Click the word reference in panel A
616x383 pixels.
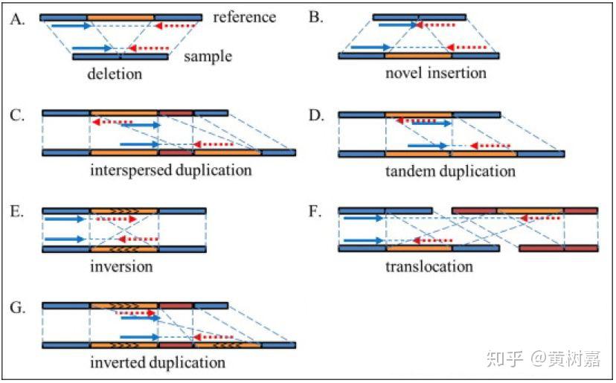(x=244, y=17)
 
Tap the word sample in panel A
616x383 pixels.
(x=208, y=57)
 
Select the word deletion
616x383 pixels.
(x=115, y=74)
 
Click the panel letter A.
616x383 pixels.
(x=18, y=19)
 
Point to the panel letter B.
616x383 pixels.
(x=316, y=17)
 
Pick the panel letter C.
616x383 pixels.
(x=17, y=115)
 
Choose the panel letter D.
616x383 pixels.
(x=316, y=115)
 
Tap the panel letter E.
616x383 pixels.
(x=17, y=212)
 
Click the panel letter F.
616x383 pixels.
(x=315, y=212)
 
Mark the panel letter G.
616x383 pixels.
(x=18, y=308)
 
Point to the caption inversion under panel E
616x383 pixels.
(x=121, y=267)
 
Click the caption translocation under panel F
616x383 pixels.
(x=429, y=267)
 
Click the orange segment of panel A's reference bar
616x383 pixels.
(x=121, y=18)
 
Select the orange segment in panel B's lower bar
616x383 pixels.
(x=418, y=57)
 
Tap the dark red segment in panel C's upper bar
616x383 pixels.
(x=176, y=114)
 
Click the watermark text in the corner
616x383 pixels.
(x=543, y=358)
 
